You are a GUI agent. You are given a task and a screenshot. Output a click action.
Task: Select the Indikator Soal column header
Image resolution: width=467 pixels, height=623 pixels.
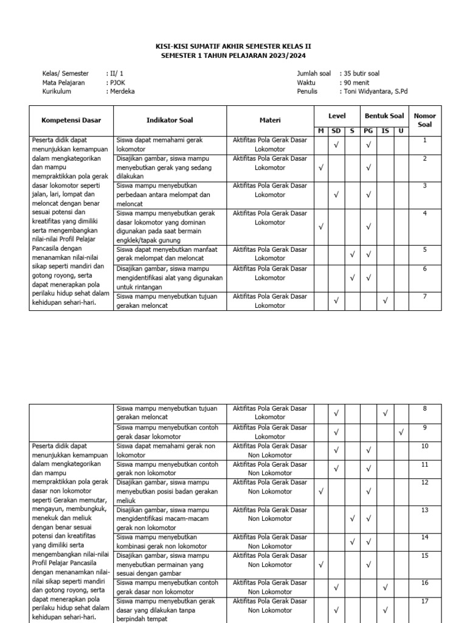point(170,120)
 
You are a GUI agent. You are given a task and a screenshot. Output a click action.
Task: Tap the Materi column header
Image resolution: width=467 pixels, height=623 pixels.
point(270,120)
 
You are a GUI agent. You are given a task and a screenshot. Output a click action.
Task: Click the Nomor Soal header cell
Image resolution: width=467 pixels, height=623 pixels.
point(424,120)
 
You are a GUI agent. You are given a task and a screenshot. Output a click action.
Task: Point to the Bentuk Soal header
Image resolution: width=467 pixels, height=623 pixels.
point(384,116)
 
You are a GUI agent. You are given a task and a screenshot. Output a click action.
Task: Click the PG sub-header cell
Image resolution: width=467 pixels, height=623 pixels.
point(368,131)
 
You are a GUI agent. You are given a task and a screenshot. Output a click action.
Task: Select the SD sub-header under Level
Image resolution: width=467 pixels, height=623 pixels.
point(336,131)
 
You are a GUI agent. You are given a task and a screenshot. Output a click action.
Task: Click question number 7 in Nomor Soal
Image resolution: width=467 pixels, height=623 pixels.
point(424,296)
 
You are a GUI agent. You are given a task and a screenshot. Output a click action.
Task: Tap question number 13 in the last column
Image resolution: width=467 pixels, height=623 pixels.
point(424,510)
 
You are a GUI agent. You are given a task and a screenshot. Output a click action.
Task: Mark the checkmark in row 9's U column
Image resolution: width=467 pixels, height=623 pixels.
point(401,432)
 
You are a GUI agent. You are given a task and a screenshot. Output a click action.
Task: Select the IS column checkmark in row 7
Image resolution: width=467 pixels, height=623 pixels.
point(384,300)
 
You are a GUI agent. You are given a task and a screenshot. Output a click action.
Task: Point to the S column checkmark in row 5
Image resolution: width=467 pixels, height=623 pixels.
point(352,254)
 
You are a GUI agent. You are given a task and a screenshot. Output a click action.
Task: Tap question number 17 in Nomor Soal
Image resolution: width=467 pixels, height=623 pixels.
point(424,601)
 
